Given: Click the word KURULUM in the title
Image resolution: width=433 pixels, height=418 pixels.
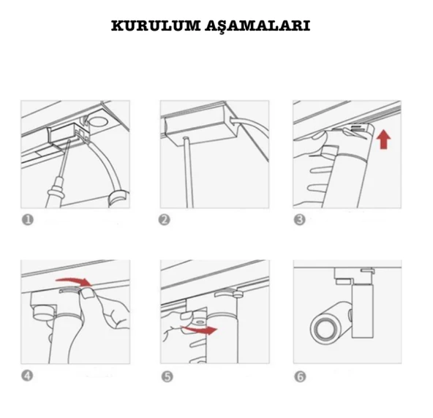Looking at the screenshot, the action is [x=156, y=26].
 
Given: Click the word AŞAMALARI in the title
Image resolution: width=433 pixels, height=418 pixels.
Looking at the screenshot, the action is [x=258, y=26].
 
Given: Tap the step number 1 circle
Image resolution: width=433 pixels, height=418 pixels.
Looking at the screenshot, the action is [x=28, y=220].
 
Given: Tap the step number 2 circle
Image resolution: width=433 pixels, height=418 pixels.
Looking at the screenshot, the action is [x=165, y=220].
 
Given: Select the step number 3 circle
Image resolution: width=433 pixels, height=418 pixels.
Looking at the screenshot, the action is [x=300, y=220].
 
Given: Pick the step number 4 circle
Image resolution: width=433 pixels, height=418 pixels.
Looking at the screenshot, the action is [x=27, y=376].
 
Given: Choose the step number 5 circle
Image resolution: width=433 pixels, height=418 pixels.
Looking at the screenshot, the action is [x=167, y=376].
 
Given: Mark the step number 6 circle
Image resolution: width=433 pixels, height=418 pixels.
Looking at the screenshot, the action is [x=300, y=376].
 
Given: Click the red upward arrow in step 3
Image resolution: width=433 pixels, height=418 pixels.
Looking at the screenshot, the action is [x=383, y=140].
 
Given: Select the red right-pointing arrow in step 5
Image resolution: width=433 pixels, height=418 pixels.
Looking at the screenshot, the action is [x=200, y=329].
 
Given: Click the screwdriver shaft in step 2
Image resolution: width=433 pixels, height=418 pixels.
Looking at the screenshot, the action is [x=188, y=172].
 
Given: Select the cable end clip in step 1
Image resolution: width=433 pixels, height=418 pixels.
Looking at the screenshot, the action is [x=119, y=199].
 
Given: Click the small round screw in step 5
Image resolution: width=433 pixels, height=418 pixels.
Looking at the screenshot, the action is [x=199, y=322].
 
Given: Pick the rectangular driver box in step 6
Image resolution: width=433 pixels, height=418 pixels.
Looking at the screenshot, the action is [x=363, y=311].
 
